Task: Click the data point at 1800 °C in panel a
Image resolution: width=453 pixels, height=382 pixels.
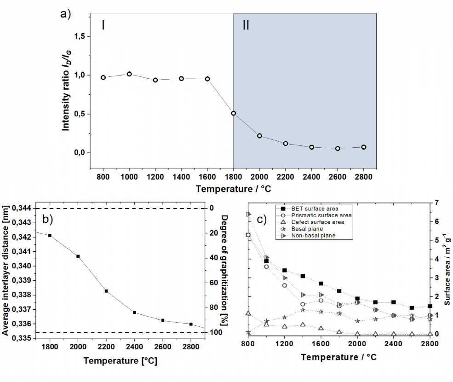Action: pyautogui.click(x=234, y=113)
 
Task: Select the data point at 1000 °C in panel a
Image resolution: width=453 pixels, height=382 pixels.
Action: pyautogui.click(x=129, y=74)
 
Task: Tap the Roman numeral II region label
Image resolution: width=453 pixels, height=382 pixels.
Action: pyautogui.click(x=246, y=25)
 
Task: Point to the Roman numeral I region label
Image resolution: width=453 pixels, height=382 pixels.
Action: pyautogui.click(x=103, y=25)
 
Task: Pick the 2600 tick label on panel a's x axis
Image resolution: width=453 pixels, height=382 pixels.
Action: pyautogui.click(x=337, y=177)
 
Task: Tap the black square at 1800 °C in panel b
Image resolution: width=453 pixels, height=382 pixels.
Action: pyautogui.click(x=50, y=235)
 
